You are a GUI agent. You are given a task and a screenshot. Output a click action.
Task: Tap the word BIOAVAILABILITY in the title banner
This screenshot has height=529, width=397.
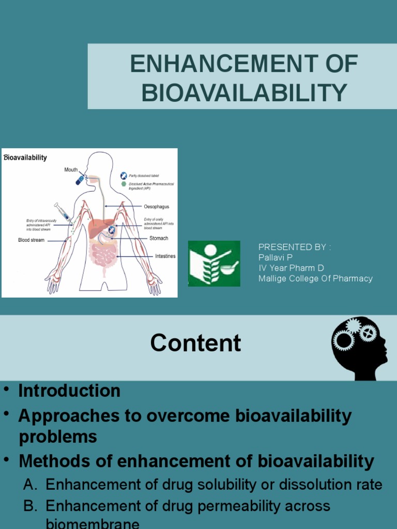point(244,92)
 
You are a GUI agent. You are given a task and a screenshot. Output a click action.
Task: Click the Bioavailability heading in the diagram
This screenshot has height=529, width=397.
point(25,158)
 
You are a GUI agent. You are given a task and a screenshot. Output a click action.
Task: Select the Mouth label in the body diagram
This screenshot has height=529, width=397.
point(71,169)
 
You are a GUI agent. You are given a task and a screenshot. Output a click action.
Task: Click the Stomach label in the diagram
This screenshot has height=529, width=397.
point(159,239)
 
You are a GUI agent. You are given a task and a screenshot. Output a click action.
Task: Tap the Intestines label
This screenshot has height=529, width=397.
point(165,256)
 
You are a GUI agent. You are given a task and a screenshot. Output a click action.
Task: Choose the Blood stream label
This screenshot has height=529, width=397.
point(31,240)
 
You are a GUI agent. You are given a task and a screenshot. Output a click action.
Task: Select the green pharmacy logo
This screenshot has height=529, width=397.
point(214,263)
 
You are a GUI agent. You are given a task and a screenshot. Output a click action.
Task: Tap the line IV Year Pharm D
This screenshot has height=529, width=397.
point(291,268)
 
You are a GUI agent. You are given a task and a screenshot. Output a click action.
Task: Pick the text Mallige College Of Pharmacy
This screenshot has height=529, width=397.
point(315,278)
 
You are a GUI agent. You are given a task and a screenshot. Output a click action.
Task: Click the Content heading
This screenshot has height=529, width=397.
point(195,343)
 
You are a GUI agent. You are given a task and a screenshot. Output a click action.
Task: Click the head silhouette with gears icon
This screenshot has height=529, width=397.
point(360,348)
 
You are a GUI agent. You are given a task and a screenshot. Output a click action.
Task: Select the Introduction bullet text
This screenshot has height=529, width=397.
point(69,391)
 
